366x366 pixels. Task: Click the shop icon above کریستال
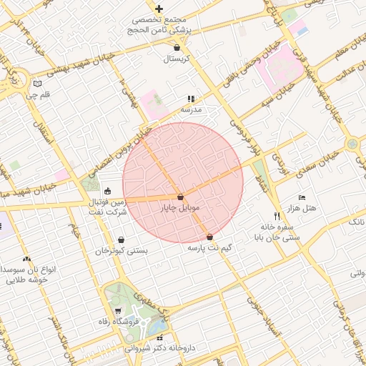[177, 47]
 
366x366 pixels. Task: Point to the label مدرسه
[191, 109]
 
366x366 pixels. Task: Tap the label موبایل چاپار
[180, 207]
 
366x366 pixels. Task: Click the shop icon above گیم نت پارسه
[209, 237]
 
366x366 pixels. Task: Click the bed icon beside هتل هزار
[302, 197]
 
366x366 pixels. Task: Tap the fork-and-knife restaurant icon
[277, 215]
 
